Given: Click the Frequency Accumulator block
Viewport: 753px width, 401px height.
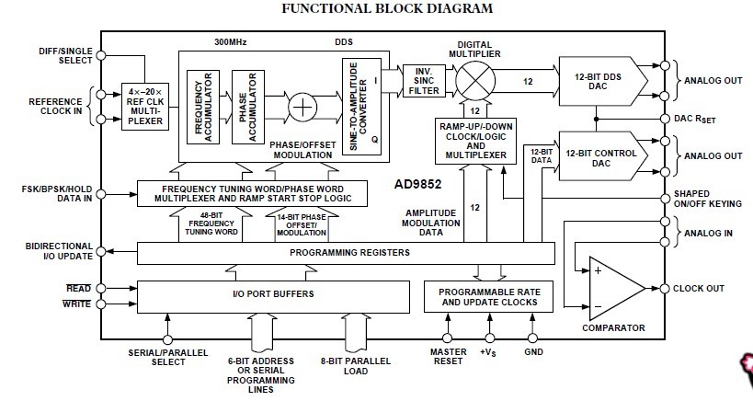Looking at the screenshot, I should click(x=202, y=107).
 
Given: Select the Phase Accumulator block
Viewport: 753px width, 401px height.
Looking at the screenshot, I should click(x=245, y=107).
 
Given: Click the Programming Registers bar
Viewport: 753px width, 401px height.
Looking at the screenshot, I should click(x=346, y=252).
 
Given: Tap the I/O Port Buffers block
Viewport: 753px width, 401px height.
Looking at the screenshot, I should click(x=272, y=293).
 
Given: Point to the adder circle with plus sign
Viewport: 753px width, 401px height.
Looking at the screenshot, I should click(x=302, y=107).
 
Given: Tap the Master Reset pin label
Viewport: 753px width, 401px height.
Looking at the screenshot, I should click(x=449, y=357).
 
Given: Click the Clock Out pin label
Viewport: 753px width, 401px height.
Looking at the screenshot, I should click(x=699, y=288).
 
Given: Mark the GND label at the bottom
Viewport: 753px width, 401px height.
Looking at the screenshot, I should click(x=531, y=351).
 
